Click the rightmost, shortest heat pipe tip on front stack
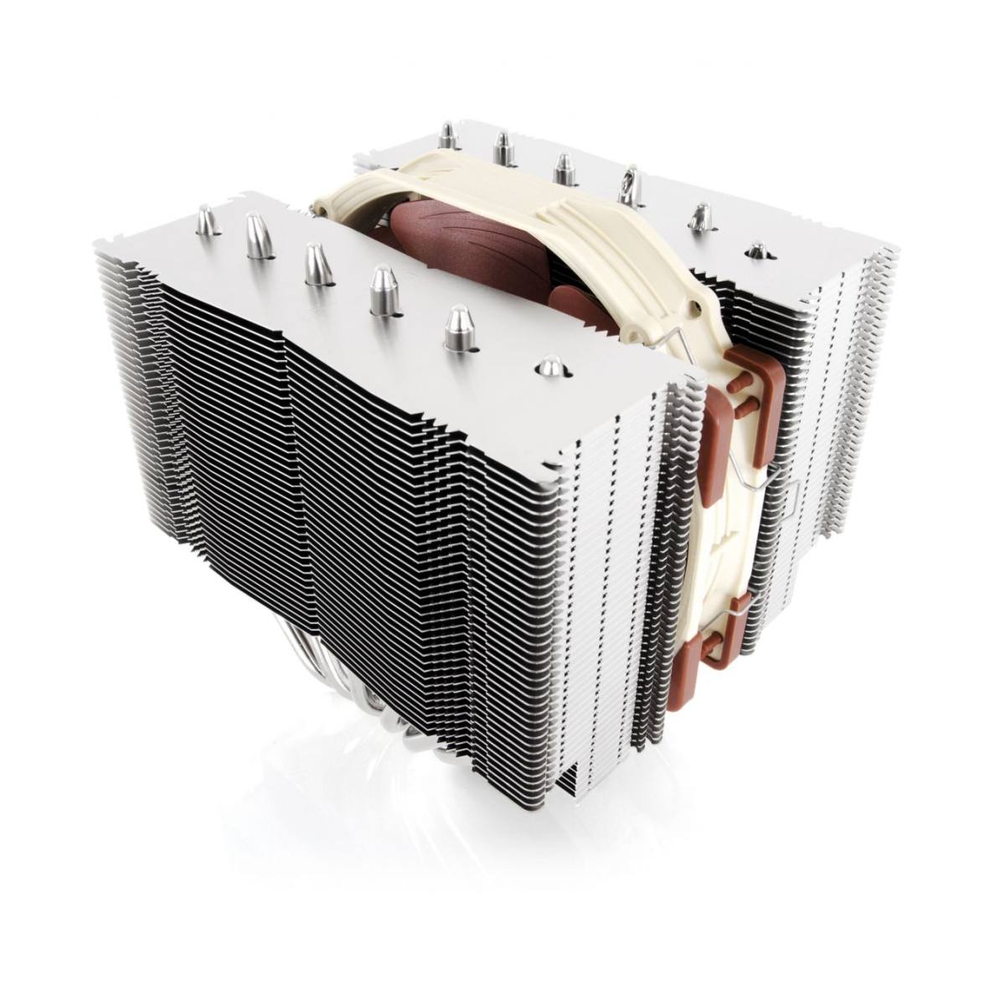(x=550, y=366)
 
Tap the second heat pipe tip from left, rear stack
(x=502, y=147)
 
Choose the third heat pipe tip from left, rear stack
(x=562, y=165)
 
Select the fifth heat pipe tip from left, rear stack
(x=699, y=216)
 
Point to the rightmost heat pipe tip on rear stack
(x=757, y=250)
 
